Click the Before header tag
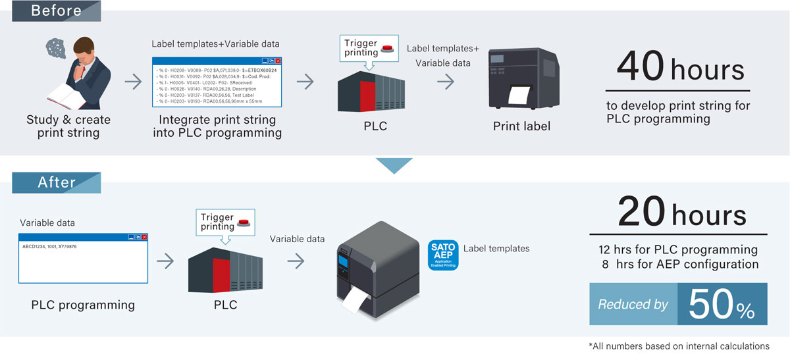tap(56, 11)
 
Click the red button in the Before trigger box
tap(388, 51)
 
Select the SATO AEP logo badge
tap(442, 255)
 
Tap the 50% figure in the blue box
tap(722, 304)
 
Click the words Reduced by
tap(633, 305)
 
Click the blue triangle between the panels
tap(394, 165)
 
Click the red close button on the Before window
tap(278, 61)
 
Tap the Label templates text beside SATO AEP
tap(496, 248)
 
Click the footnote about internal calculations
tap(679, 346)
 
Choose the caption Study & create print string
tap(68, 126)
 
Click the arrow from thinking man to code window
tap(133, 82)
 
